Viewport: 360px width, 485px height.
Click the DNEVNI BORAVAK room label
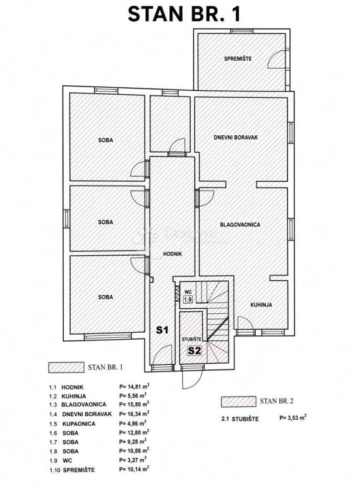tap(236, 137)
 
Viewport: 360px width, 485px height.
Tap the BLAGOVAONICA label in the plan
tap(240, 225)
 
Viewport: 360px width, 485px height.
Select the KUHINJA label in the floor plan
tap(261, 304)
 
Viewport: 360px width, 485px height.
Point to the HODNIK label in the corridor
tap(172, 254)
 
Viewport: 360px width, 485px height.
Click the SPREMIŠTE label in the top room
tap(238, 58)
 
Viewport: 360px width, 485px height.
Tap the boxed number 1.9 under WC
tap(188, 299)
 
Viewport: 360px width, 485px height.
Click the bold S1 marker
tap(162, 330)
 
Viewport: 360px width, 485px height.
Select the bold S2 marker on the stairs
tap(195, 350)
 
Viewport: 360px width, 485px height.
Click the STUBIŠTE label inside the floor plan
tap(191, 339)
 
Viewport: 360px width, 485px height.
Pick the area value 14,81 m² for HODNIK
tap(135, 386)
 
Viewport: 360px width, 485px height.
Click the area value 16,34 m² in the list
tap(135, 414)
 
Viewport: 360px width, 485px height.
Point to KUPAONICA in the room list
tap(79, 424)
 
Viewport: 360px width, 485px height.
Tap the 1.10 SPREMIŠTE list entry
tap(72, 470)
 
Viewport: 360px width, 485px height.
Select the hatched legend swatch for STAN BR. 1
tap(66, 368)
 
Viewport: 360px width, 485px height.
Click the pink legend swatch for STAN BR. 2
tap(239, 402)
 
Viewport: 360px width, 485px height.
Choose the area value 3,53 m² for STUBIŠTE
tap(293, 417)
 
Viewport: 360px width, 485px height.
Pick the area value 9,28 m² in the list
tap(133, 441)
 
